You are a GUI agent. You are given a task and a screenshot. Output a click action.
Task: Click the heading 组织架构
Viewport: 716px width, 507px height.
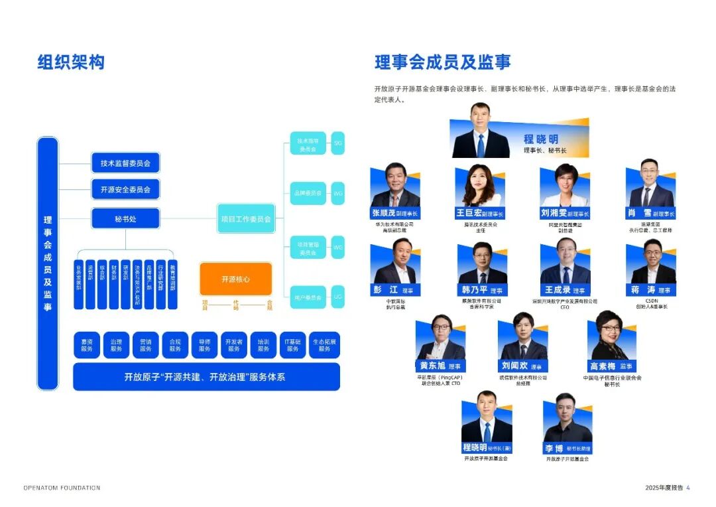tap(71, 62)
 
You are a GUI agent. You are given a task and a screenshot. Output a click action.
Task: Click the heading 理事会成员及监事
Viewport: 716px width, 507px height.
tap(442, 62)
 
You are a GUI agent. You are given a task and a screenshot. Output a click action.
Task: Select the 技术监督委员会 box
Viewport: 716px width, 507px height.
tap(125, 163)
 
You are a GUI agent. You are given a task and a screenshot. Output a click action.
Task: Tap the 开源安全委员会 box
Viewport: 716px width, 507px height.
tap(125, 189)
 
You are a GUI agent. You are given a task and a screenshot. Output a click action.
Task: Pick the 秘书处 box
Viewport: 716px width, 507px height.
tap(125, 218)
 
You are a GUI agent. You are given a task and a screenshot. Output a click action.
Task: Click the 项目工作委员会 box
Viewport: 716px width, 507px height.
tap(246, 218)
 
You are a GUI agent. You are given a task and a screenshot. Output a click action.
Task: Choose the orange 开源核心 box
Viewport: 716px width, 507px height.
tap(235, 279)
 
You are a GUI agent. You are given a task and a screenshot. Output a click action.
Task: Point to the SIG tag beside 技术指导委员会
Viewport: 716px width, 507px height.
tap(337, 143)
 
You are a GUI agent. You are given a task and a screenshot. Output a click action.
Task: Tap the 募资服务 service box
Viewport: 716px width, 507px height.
tap(87, 345)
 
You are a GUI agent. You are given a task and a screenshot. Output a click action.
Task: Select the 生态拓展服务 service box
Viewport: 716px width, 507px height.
tap(324, 345)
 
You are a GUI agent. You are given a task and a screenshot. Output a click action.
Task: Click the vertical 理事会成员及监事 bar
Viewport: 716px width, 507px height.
tap(48, 263)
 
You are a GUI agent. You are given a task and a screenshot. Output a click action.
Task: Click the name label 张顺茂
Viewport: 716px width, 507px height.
tap(383, 214)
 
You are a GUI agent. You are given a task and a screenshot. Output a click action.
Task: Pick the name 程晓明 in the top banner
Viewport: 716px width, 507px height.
tap(540, 139)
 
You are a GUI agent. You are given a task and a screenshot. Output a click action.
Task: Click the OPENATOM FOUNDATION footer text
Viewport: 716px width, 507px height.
tap(62, 488)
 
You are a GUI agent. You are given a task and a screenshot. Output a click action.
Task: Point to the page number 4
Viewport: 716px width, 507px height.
tap(688, 488)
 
